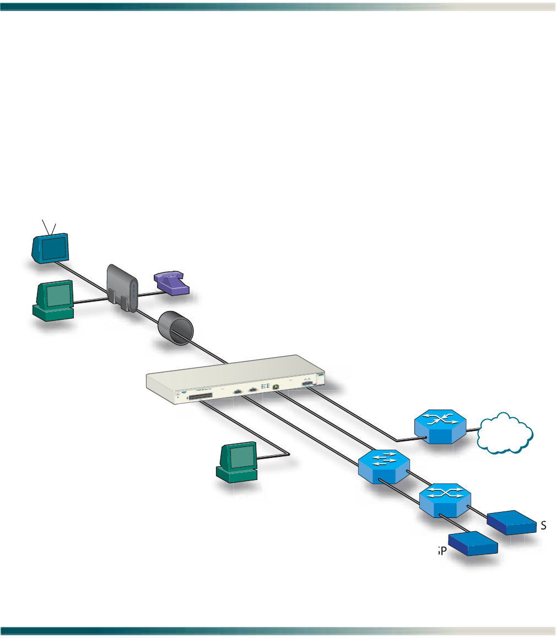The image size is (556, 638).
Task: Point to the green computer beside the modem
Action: click(55, 300)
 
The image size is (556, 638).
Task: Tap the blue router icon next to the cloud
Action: click(439, 427)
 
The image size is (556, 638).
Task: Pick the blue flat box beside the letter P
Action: click(472, 544)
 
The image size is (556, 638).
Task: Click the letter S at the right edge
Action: click(543, 526)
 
